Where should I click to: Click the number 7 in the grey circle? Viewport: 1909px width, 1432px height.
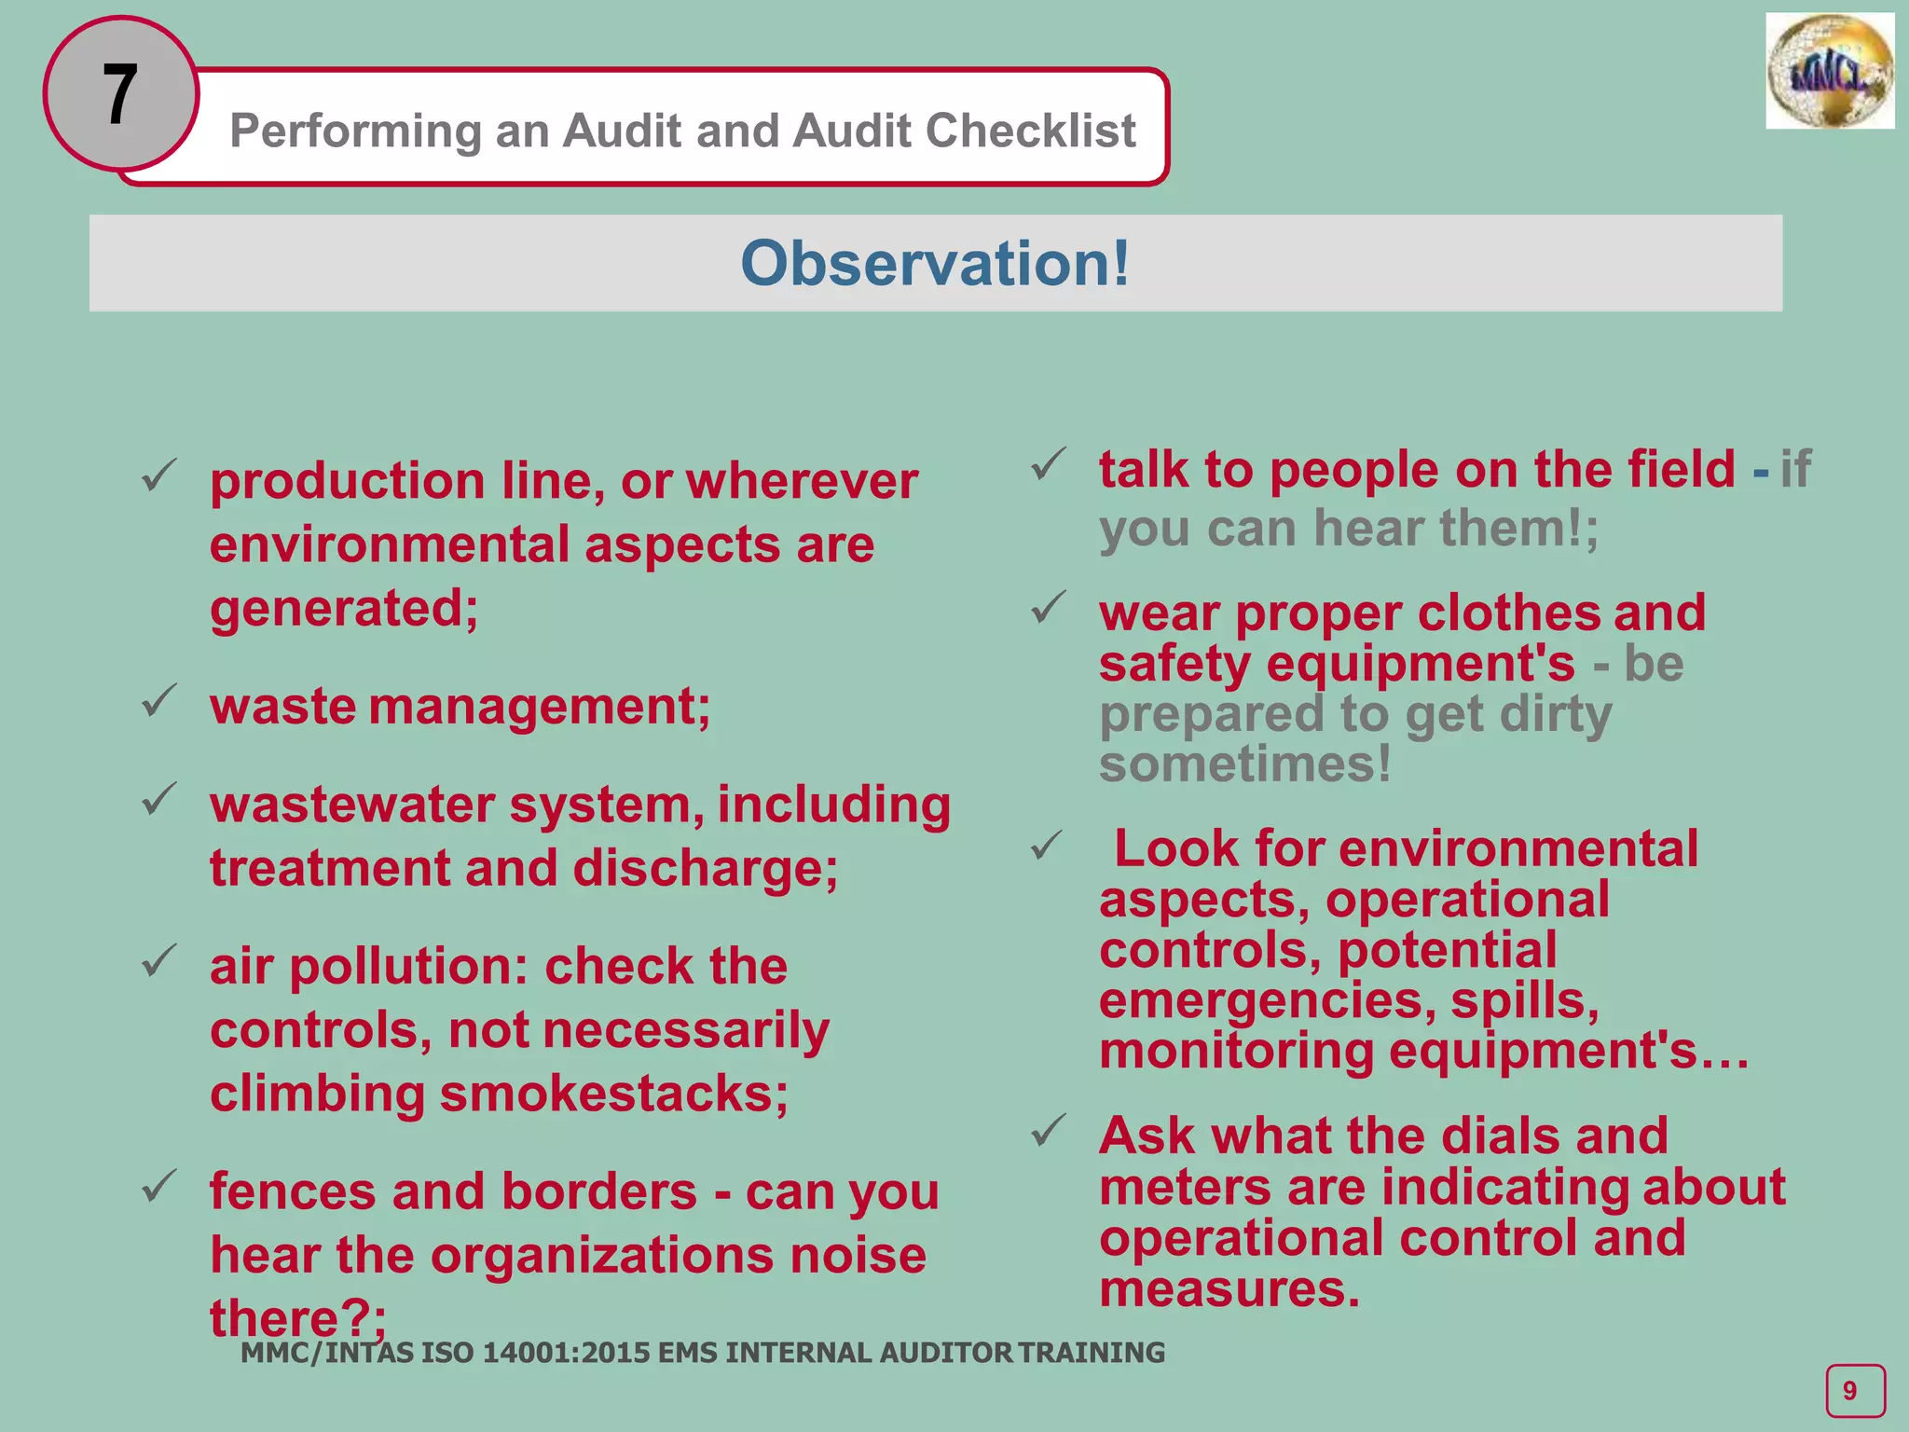click(x=120, y=94)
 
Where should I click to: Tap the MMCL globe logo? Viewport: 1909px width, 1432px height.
click(x=1829, y=72)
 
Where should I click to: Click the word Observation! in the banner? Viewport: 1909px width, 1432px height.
click(x=935, y=263)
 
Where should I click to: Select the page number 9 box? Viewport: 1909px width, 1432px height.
click(x=1854, y=1390)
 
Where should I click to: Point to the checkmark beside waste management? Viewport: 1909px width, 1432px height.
click(x=159, y=700)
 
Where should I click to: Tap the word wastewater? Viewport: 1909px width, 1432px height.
click(x=351, y=805)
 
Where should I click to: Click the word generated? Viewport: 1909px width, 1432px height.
click(x=343, y=608)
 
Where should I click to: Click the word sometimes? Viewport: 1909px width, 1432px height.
click(x=1244, y=764)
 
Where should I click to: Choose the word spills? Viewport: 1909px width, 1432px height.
click(x=1525, y=1000)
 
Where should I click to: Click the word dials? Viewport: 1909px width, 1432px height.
click(x=1508, y=1136)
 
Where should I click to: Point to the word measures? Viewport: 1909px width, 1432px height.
click(x=1229, y=1289)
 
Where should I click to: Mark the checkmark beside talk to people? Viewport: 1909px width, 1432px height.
click(x=1049, y=463)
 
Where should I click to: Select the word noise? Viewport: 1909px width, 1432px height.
click(x=858, y=1255)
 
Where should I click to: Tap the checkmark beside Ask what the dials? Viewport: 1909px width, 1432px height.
click(x=1049, y=1131)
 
